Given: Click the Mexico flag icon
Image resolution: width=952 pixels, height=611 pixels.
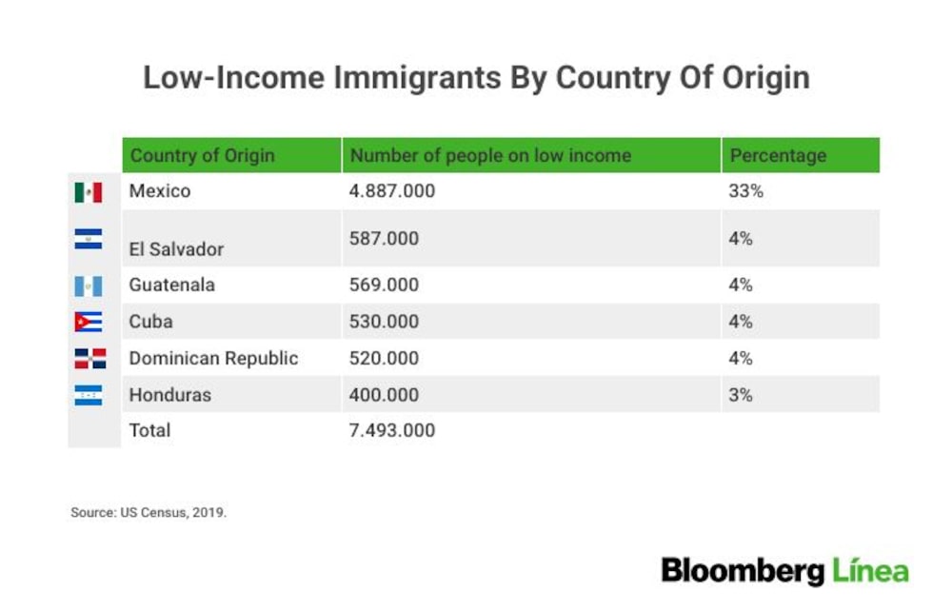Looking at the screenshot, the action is pos(88,192).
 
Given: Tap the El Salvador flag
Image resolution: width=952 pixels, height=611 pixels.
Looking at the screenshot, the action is pos(88,239).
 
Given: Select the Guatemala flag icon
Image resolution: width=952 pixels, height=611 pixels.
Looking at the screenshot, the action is pos(88,286).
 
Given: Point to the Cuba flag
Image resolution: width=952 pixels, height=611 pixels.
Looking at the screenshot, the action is pos(88,322).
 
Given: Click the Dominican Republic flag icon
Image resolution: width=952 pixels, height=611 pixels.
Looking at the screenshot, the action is pos(90,359).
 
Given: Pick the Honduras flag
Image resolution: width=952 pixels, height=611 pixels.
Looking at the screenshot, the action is pos(88,395).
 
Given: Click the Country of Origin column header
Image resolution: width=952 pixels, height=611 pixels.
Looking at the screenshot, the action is pos(203,156).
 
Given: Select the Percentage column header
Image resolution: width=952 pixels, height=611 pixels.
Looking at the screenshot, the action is pos(778,156).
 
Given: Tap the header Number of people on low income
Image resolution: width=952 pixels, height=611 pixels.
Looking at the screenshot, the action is pos(490,156).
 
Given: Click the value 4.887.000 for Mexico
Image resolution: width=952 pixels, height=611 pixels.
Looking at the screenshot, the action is pos(391,191).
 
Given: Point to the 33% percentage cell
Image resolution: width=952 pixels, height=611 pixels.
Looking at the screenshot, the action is pos(745,191).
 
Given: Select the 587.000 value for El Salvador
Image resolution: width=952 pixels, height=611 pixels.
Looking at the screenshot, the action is pos(384,239).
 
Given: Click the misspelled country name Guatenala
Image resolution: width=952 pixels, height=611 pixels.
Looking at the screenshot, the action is pos(171,286).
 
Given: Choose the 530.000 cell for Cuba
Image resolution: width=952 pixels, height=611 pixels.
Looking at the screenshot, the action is pos(384,322).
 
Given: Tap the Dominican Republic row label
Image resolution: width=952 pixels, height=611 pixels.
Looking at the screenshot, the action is pos(213,359).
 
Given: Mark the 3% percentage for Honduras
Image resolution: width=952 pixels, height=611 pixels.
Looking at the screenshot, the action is pos(740,395).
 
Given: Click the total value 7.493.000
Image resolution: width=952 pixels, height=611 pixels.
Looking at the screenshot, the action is pos(391,430).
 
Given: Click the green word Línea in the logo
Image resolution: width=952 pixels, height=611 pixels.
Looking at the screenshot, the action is pos(870,571).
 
